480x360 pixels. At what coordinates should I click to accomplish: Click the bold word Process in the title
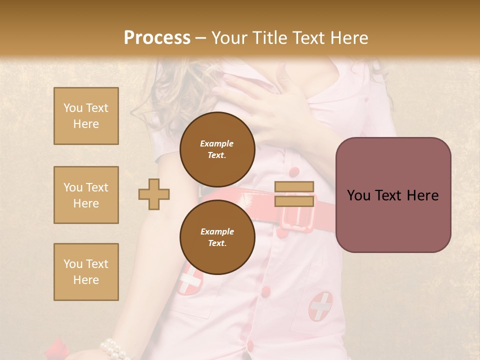tap(157, 37)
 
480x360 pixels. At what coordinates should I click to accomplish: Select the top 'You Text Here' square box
tap(86, 116)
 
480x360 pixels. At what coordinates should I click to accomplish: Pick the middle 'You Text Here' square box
tap(86, 195)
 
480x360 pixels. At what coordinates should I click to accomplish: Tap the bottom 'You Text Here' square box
tap(86, 272)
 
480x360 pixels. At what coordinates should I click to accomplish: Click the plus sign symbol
tap(154, 194)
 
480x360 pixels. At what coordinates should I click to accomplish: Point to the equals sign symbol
tap(294, 194)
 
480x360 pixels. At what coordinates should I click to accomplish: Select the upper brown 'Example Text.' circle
tap(217, 149)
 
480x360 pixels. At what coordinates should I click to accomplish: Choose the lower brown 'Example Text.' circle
tap(217, 237)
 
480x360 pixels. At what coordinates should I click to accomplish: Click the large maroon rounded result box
tap(393, 195)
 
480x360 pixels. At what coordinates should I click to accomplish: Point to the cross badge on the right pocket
tap(320, 306)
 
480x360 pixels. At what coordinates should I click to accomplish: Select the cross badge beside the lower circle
tap(189, 280)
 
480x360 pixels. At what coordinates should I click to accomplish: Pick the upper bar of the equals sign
tap(294, 187)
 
